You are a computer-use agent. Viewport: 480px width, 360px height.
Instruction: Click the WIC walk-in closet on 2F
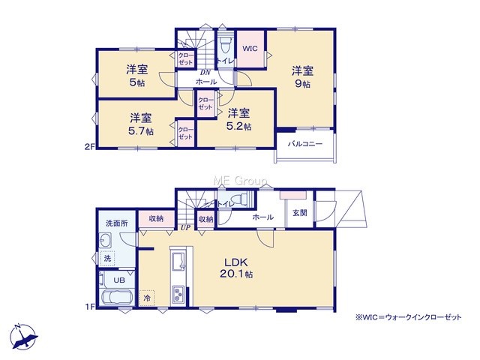[250, 48]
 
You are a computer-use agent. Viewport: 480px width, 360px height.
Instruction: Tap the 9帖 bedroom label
[302, 77]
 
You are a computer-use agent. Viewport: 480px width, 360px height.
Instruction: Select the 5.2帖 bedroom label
[239, 119]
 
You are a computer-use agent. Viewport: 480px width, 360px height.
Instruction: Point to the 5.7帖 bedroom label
[141, 124]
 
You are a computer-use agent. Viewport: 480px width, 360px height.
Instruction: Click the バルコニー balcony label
[305, 144]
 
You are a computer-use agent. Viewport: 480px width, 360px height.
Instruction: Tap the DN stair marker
[205, 73]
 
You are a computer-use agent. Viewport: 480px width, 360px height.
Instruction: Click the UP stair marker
[185, 228]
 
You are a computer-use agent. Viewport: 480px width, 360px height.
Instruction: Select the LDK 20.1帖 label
[236, 268]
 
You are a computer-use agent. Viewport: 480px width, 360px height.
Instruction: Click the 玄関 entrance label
[300, 213]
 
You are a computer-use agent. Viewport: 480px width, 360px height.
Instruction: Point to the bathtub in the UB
[117, 297]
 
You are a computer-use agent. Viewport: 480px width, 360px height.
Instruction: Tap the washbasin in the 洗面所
[105, 240]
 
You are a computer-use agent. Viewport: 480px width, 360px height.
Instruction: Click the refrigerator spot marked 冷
[147, 298]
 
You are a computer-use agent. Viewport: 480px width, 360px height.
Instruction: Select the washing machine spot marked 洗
[107, 258]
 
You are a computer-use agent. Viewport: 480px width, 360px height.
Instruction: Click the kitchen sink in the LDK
[179, 261]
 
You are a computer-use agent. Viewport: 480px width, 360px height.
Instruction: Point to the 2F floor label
[88, 147]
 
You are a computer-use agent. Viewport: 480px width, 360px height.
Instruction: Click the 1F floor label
[89, 307]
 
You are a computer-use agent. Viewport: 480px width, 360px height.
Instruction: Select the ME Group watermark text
[240, 181]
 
